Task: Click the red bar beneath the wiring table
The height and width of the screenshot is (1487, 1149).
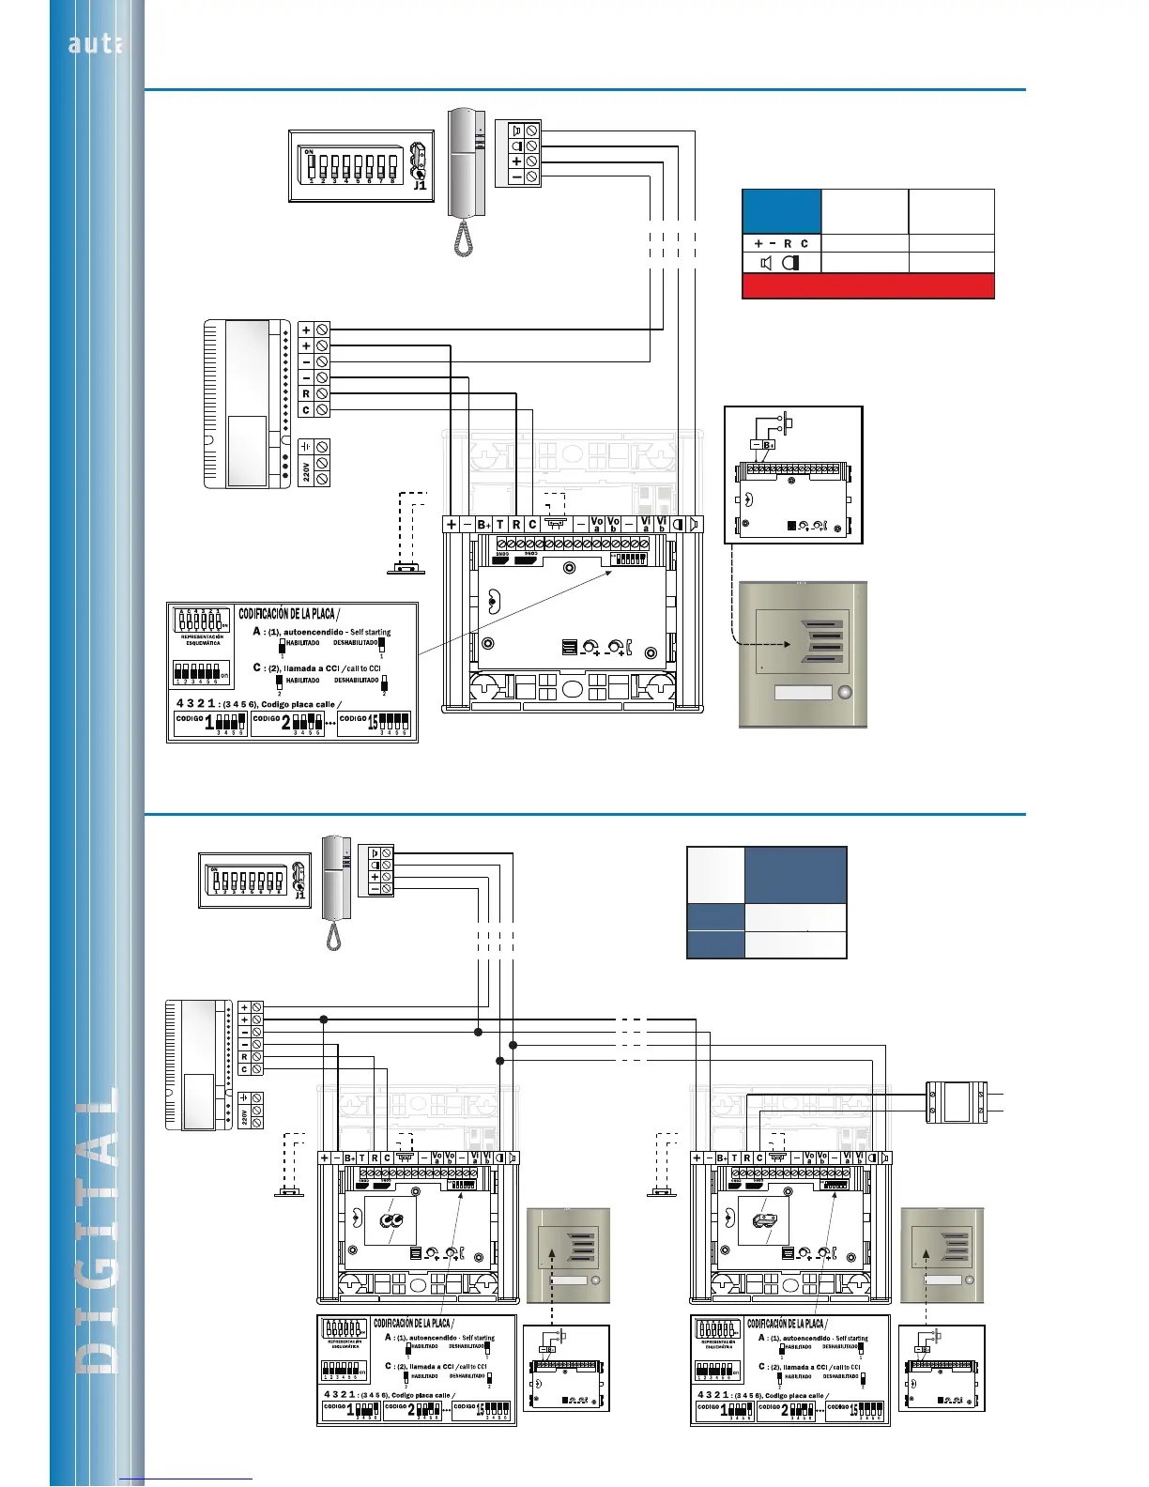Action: point(867,286)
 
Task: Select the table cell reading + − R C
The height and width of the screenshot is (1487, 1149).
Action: point(781,243)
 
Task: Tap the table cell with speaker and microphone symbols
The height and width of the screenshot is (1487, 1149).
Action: point(781,263)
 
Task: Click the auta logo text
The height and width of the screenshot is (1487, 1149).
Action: point(95,44)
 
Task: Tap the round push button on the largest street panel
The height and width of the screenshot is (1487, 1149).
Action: point(846,693)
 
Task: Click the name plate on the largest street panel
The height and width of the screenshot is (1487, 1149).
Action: point(804,693)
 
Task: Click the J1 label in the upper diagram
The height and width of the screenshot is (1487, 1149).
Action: point(420,185)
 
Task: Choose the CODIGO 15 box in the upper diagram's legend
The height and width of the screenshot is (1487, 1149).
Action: point(374,723)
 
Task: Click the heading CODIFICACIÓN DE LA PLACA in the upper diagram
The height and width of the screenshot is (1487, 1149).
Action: point(286,614)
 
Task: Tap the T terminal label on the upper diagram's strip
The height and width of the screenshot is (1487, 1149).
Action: point(499,525)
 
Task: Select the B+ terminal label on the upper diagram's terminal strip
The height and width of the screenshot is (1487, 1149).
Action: point(483,525)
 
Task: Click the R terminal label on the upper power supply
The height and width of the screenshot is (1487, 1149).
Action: point(306,394)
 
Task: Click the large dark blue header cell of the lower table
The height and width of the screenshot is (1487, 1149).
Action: point(795,875)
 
